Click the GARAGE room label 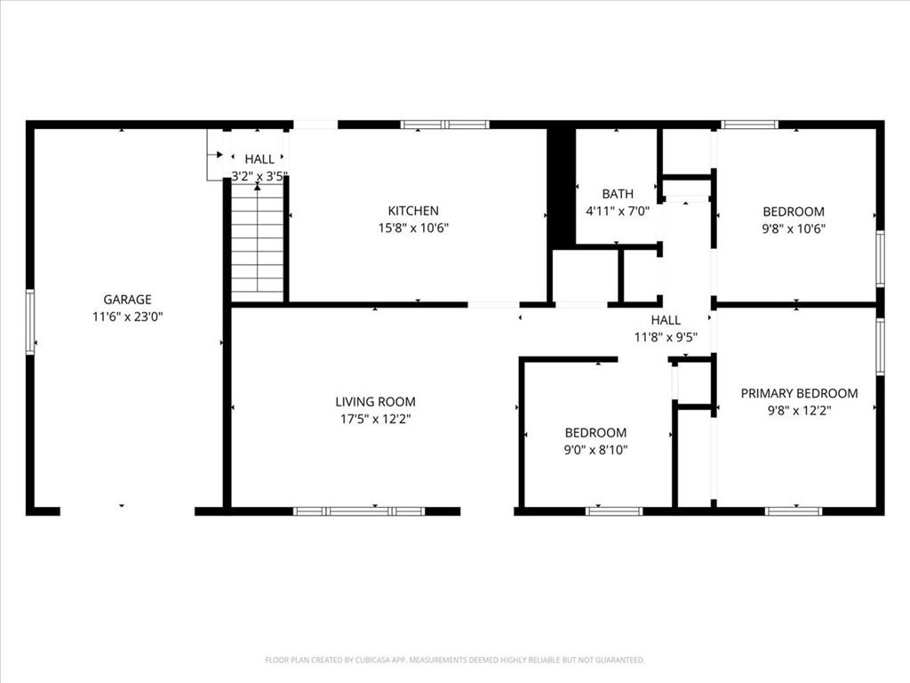(x=127, y=299)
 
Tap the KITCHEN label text (x=413, y=210)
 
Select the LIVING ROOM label (x=376, y=401)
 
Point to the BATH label (x=618, y=193)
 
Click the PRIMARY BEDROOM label (x=799, y=393)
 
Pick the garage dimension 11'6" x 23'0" (x=128, y=317)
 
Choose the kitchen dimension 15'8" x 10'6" (x=414, y=228)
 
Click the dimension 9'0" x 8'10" (x=596, y=449)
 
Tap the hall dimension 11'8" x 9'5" (x=666, y=337)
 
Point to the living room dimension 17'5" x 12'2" (x=376, y=419)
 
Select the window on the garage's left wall (x=30, y=322)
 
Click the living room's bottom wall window (x=359, y=511)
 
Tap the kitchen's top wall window (x=445, y=125)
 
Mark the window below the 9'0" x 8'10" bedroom (x=615, y=511)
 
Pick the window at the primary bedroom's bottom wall (x=794, y=511)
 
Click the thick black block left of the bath (x=562, y=186)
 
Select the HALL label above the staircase (x=259, y=159)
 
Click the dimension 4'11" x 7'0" (x=618, y=211)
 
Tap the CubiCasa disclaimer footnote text (x=455, y=660)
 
